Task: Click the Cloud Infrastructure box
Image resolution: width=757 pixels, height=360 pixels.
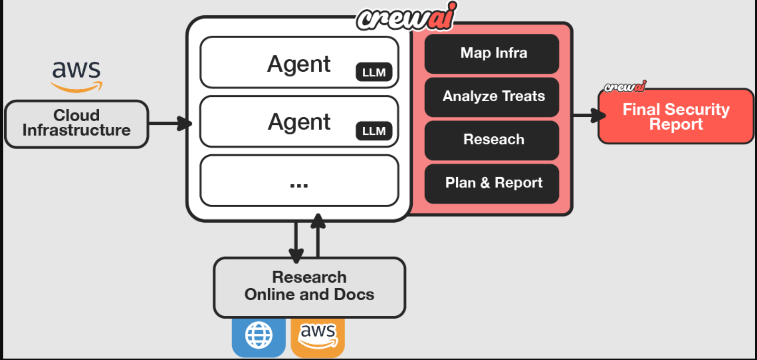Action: point(76,123)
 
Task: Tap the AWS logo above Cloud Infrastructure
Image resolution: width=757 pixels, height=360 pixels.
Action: point(76,75)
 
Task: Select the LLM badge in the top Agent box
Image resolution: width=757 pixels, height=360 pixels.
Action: point(374,72)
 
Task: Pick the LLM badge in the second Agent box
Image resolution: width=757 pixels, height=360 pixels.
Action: point(374,131)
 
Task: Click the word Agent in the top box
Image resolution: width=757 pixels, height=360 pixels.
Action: point(299,64)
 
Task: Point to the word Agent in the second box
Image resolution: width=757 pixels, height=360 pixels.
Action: point(299,122)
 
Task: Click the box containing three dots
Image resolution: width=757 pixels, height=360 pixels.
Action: point(299,180)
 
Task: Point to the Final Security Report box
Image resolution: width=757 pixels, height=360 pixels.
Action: point(675,116)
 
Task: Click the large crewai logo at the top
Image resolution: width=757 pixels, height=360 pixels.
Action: point(407,17)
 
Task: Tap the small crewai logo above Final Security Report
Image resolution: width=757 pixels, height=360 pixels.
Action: point(625,86)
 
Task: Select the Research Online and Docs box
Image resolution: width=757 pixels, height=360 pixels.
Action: point(309,287)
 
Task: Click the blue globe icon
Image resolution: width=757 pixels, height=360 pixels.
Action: point(258,335)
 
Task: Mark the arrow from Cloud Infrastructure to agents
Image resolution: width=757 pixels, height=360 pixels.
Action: point(169,123)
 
